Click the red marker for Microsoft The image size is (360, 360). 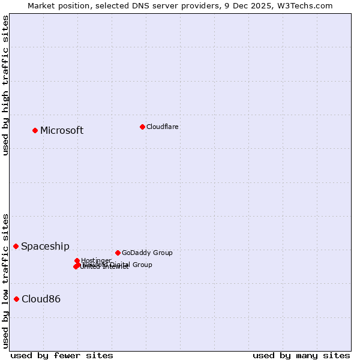coord(35,130)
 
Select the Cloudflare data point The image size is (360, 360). coord(142,127)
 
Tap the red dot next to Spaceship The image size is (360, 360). coord(16,246)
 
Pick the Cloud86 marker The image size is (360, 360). coord(17,299)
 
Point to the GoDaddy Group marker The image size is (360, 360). coord(118,253)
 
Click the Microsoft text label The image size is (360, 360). coord(62,130)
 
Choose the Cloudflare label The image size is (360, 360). coord(163,127)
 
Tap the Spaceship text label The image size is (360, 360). coord(45,246)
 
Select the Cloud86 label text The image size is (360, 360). coord(41,299)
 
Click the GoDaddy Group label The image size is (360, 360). coord(147,253)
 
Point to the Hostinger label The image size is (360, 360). coord(97,260)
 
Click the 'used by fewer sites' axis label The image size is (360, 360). coord(62,355)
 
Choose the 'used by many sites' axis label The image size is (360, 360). coord(301,355)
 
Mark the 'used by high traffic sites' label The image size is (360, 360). coord(5,85)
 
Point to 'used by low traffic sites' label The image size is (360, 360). coord(5,281)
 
